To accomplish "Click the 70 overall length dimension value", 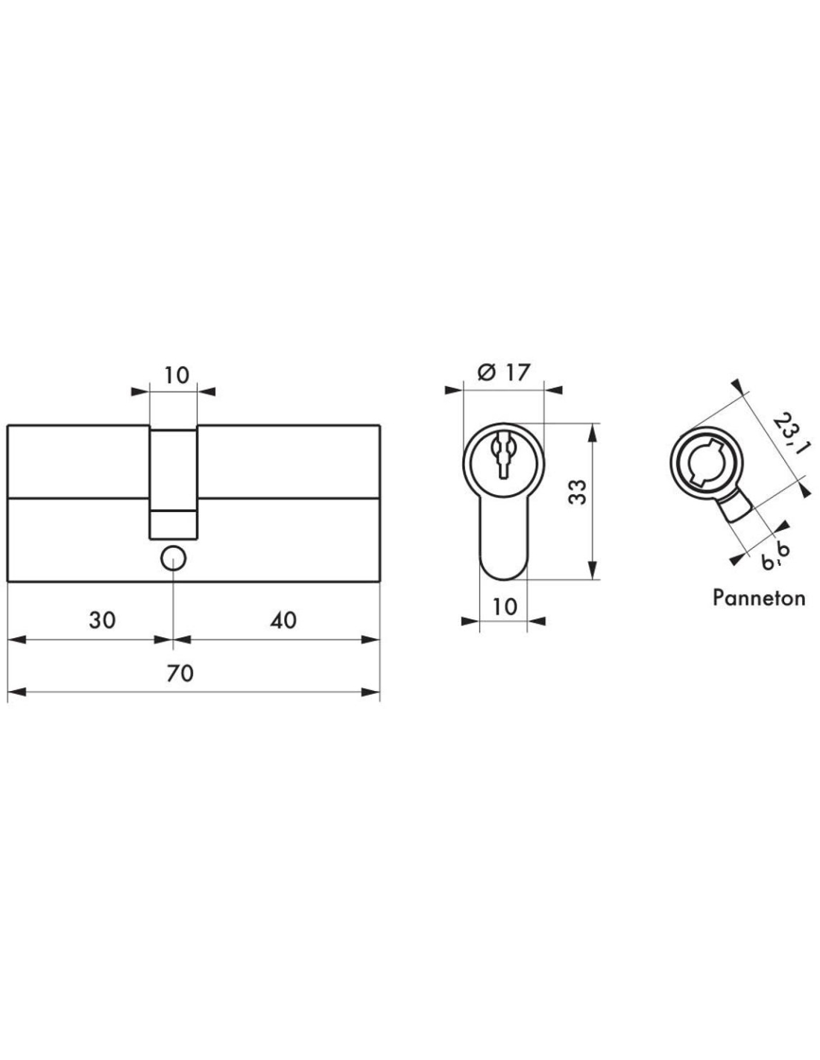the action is click(180, 674).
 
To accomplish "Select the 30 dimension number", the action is click(102, 620).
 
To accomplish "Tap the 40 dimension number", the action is click(283, 620).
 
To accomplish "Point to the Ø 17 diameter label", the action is click(503, 373).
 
